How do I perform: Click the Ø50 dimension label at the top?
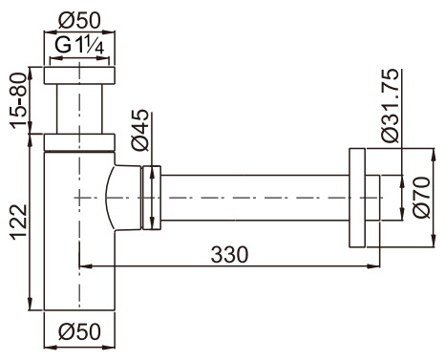coord(79,21)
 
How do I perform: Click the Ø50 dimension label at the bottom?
coord(79,331)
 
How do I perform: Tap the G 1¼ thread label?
coord(79,46)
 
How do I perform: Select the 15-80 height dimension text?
coord(18,100)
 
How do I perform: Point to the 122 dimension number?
coord(18,222)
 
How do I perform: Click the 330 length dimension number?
coord(229,255)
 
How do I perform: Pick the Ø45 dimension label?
coord(139,130)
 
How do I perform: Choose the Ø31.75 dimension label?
coord(390,105)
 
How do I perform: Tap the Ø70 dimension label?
coord(422,198)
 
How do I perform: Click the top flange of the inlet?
coord(79,75)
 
